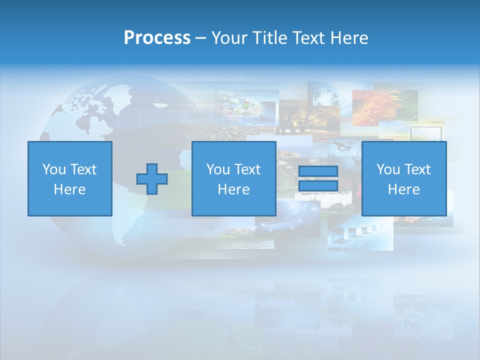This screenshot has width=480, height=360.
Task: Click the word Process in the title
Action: pos(157,38)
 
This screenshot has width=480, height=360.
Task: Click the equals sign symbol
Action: pos(318,178)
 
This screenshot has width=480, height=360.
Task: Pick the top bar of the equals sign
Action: pos(318,171)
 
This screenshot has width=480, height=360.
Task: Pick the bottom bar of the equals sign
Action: pos(318,186)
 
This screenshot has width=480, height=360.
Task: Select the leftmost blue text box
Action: pos(69,178)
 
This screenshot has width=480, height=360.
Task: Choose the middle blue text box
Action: pos(233,178)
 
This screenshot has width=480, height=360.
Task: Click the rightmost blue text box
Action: pos(403,178)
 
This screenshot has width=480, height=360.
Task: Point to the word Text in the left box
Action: pos(83,169)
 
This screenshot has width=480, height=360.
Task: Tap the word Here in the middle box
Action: pos(233,189)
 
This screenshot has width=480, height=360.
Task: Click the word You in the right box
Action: pos(388,169)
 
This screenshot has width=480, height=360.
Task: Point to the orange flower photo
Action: pos(384,107)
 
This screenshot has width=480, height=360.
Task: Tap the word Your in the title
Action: pos(229,38)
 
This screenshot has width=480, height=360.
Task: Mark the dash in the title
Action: pos(200,38)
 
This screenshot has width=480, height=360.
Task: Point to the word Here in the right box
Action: pos(403,189)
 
